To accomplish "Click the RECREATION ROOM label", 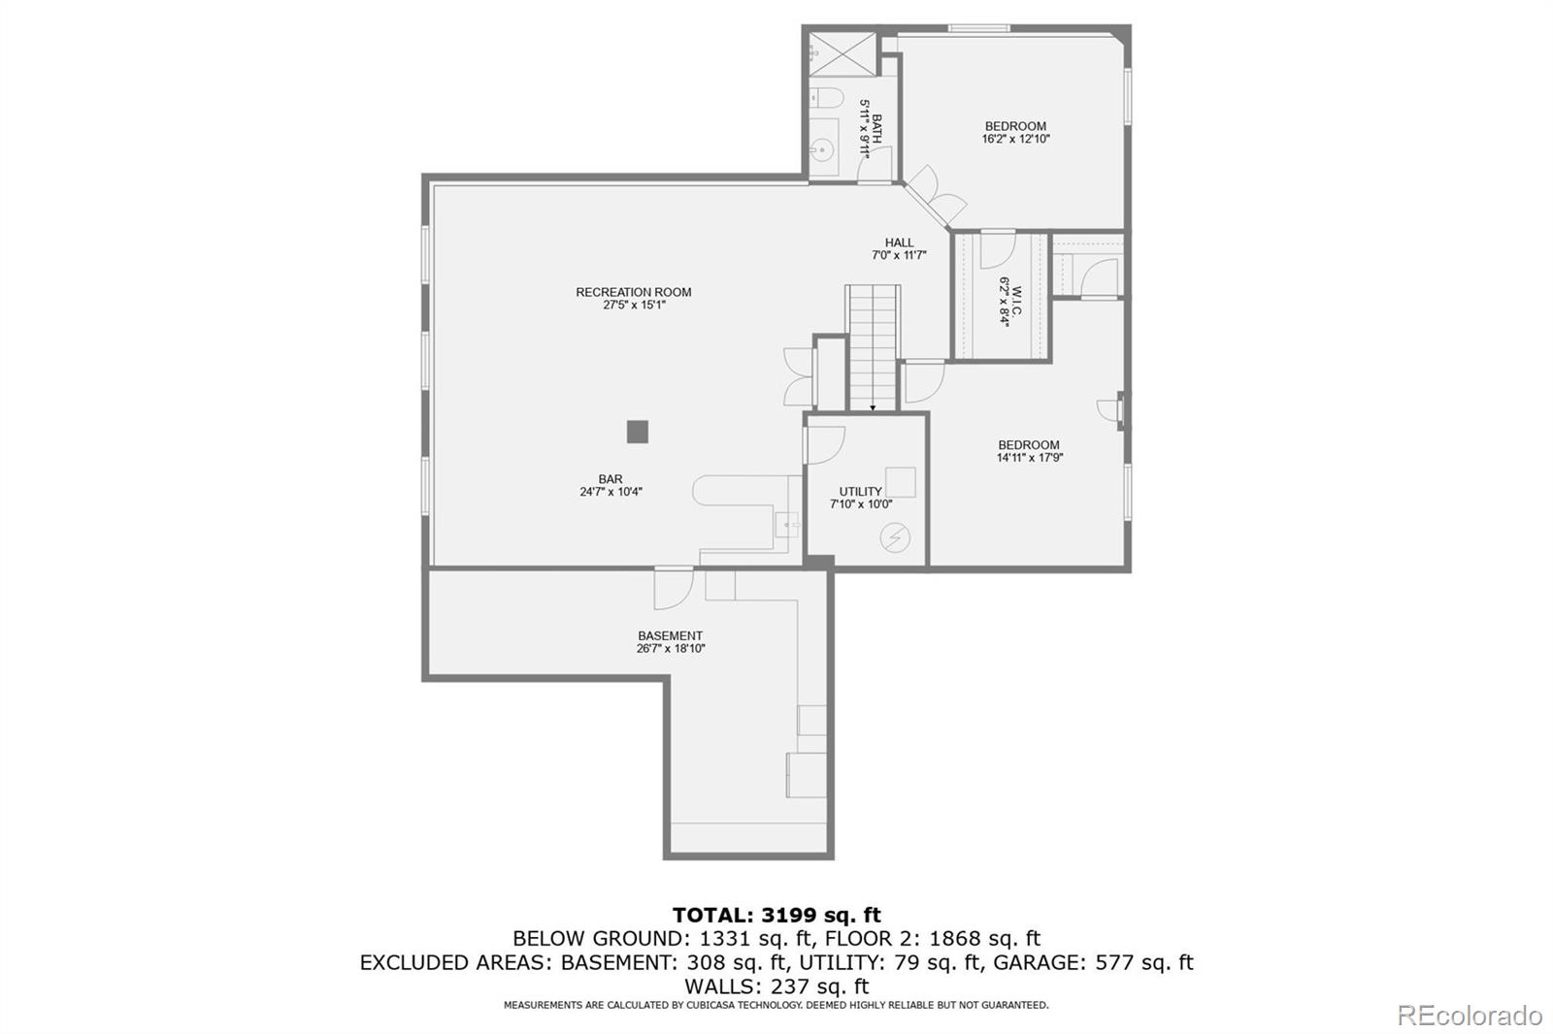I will point(633,292).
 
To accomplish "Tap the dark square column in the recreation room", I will point(637,432).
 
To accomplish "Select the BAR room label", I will point(610,479).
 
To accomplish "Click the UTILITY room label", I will point(860,492).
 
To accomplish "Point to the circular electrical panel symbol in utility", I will point(895,538).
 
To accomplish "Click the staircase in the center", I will point(874,344).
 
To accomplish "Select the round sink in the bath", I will point(823,151).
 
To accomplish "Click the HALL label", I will point(899,242).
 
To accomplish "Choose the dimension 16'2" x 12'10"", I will point(1015,139).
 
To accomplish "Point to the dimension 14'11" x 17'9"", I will point(1029,458).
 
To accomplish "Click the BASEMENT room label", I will point(670,636).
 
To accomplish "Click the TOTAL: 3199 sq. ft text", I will point(776,915).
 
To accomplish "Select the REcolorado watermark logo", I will point(1469,1016).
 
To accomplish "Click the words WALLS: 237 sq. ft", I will point(776,986).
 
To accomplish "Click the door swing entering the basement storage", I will point(672,587).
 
